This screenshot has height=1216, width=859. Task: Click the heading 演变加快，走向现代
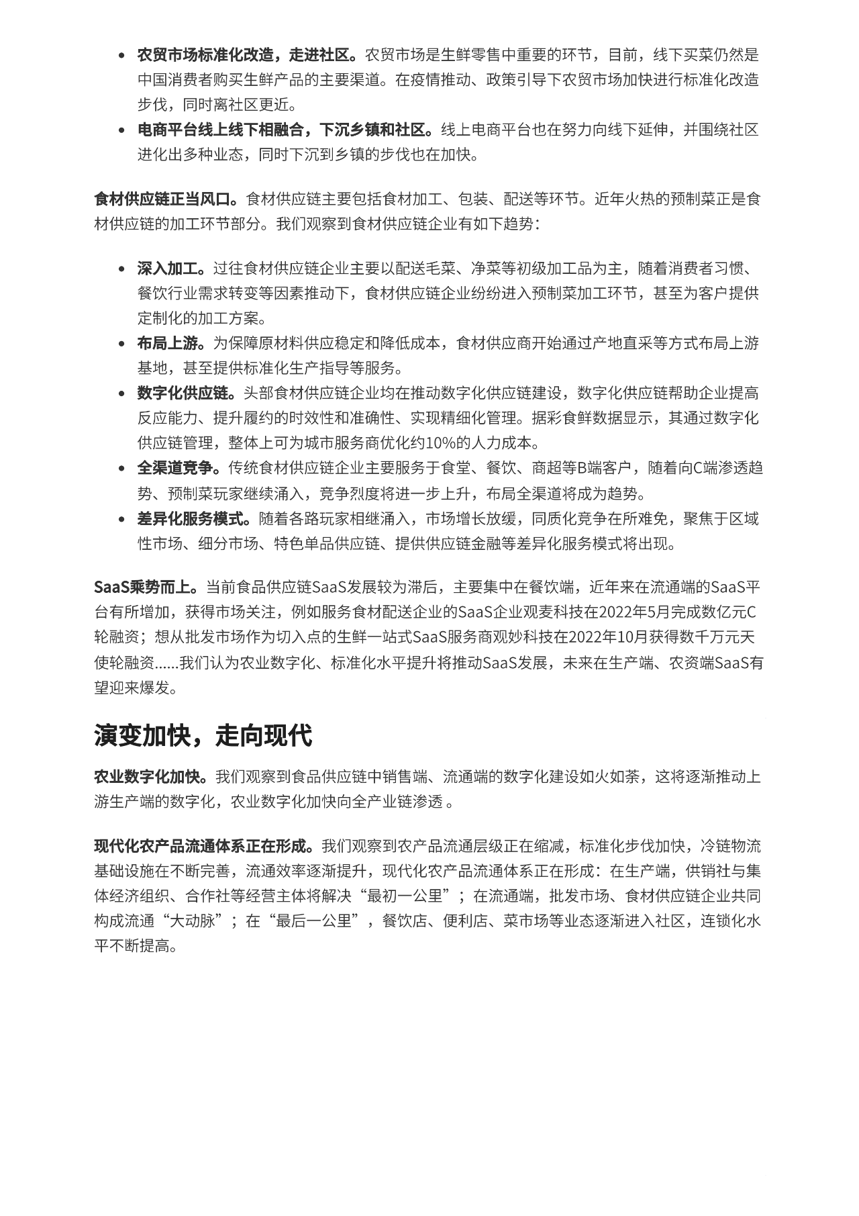coord(203,736)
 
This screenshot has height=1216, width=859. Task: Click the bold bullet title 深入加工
coord(168,269)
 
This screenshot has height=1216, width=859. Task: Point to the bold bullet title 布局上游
coord(168,343)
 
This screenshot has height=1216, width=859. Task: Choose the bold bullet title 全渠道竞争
coord(176,468)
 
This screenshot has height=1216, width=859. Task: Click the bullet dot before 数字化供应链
coord(121,394)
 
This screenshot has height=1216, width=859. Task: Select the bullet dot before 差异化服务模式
coord(121,520)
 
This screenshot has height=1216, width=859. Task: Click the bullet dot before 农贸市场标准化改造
coord(121,56)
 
